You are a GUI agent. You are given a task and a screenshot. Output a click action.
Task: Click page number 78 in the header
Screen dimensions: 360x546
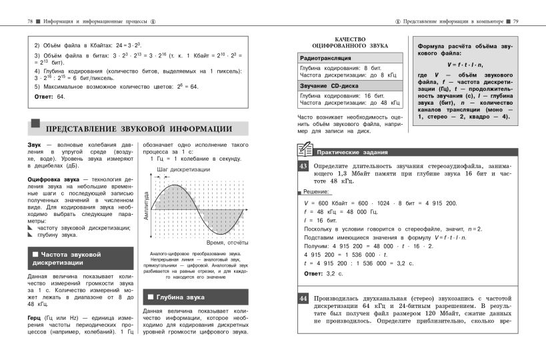pyautogui.click(x=31, y=22)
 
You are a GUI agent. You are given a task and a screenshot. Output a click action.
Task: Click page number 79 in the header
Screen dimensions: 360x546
pyautogui.click(x=516, y=22)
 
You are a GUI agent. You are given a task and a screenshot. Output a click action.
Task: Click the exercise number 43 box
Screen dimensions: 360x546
pyautogui.click(x=303, y=165)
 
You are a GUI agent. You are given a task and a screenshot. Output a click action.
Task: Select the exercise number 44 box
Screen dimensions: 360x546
pyautogui.click(x=303, y=298)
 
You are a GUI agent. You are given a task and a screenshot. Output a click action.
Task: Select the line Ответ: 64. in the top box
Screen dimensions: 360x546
pyautogui.click(x=49, y=97)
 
